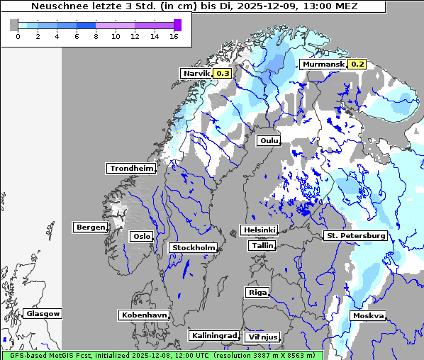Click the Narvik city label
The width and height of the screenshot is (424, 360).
click(x=196, y=73)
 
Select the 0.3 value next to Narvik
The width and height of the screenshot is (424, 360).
click(x=223, y=73)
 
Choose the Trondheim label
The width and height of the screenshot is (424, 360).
click(x=131, y=168)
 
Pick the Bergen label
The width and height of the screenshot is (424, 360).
click(x=89, y=227)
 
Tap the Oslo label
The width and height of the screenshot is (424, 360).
click(x=142, y=236)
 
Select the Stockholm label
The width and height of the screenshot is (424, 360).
click(x=193, y=247)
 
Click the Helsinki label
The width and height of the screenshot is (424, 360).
click(x=259, y=230)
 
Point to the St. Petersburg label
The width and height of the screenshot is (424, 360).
click(x=355, y=235)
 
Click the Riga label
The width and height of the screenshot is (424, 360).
click(x=257, y=292)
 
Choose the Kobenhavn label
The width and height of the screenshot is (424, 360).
click(x=144, y=315)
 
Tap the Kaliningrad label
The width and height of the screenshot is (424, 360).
click(x=213, y=335)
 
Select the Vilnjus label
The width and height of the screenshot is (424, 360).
click(x=262, y=337)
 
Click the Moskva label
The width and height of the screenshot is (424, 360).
click(x=368, y=315)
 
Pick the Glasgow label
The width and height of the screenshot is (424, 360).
click(x=43, y=313)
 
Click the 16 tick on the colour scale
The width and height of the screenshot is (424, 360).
click(x=174, y=36)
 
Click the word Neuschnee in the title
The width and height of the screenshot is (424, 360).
click(x=58, y=6)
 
